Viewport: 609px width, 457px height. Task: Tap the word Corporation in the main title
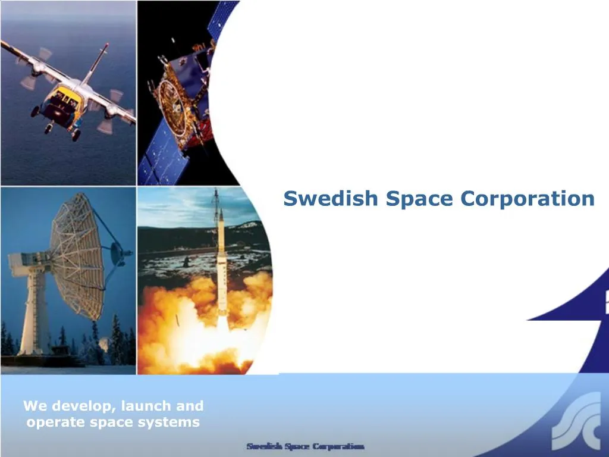pyautogui.click(x=528, y=198)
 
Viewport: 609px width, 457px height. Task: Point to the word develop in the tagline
pyautogui.click(x=83, y=406)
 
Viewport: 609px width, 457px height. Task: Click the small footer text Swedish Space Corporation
pyautogui.click(x=305, y=446)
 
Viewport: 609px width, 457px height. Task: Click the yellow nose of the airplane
pyautogui.click(x=62, y=95)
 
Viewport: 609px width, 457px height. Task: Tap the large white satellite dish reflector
pyautogui.click(x=77, y=256)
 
